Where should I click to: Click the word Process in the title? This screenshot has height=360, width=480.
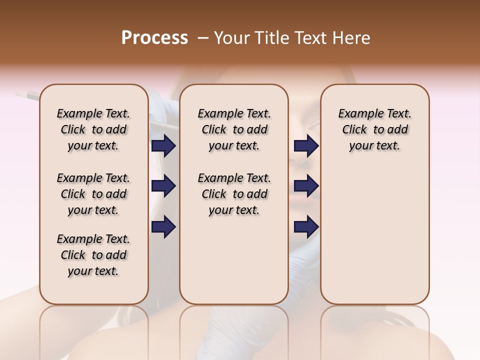154,38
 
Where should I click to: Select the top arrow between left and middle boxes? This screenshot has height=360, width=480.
163,146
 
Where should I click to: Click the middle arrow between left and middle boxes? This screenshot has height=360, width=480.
163,186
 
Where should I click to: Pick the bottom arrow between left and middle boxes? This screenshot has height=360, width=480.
163,226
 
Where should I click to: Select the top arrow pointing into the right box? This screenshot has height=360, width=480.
306,146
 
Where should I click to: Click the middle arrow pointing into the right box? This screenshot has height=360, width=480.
306,186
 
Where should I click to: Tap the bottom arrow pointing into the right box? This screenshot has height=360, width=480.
306,226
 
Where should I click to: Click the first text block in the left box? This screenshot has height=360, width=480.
93,129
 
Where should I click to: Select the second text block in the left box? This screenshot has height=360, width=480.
93,194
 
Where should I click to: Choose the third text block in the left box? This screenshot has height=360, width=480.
93,255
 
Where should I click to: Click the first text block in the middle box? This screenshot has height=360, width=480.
234,129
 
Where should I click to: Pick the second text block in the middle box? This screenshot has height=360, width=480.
234,194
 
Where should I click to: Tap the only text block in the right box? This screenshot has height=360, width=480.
374,129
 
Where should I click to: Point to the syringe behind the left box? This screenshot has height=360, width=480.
27,94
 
